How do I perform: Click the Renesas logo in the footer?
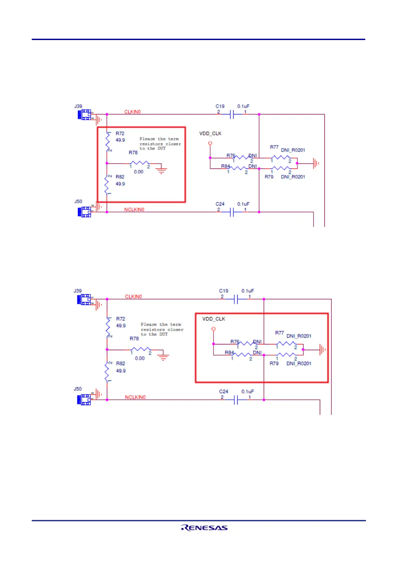pyautogui.click(x=204, y=528)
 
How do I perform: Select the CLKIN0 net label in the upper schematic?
pyautogui.click(x=132, y=112)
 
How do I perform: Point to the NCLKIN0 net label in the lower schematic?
pyautogui.click(x=135, y=397)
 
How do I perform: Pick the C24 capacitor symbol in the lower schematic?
pyautogui.click(x=236, y=400)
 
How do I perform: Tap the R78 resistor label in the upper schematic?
pyautogui.click(x=133, y=153)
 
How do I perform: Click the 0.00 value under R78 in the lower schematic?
pyautogui.click(x=140, y=358)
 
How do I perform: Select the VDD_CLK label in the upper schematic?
pyautogui.click(x=210, y=133)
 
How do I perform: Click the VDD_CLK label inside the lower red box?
pyautogui.click(x=214, y=319)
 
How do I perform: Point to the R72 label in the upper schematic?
pyautogui.click(x=120, y=133)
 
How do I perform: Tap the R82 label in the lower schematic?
pyautogui.click(x=121, y=363)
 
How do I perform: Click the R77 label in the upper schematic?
pyautogui.click(x=274, y=147)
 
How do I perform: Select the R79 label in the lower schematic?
pyautogui.click(x=274, y=363)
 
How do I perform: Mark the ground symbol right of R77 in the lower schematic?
pyautogui.click(x=322, y=350)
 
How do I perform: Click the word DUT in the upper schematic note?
pyautogui.click(x=162, y=149)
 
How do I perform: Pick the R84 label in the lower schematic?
pyautogui.click(x=229, y=352)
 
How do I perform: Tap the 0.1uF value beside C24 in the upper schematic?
pyautogui.click(x=243, y=204)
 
